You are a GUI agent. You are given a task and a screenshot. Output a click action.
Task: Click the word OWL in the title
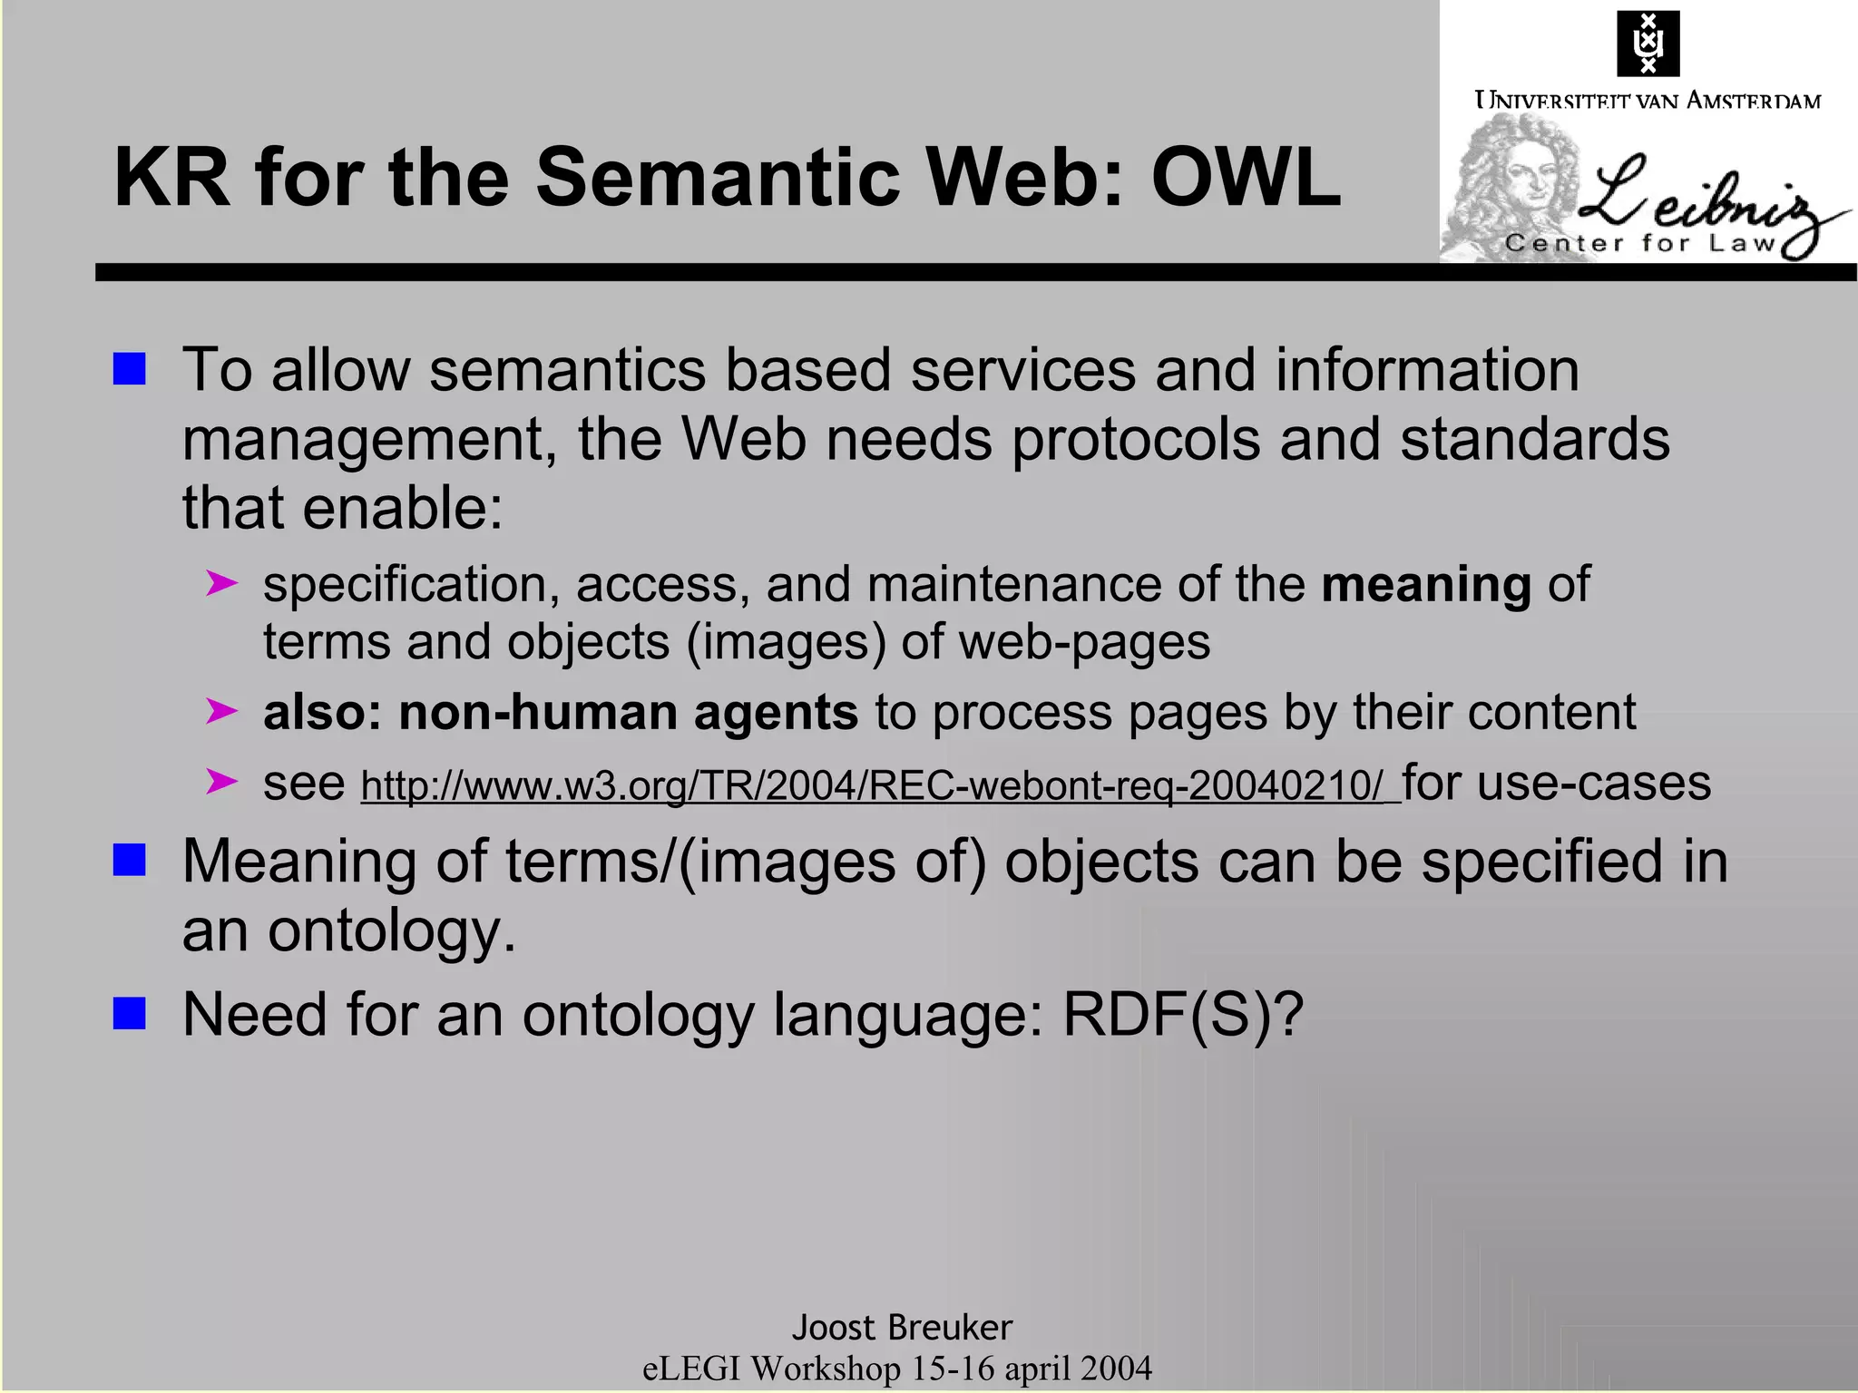click(x=1245, y=178)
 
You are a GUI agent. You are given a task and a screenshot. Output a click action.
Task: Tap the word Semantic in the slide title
click(x=717, y=178)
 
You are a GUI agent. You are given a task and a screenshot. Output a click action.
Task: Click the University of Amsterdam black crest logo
click(x=1648, y=44)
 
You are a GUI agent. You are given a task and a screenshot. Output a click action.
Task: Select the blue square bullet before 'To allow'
click(x=130, y=369)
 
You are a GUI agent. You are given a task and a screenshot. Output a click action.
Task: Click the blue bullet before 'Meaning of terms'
click(x=130, y=860)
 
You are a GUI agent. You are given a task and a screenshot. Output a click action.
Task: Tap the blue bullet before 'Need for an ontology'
click(x=130, y=1013)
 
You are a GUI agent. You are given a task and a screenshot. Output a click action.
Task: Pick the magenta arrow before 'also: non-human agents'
click(x=221, y=711)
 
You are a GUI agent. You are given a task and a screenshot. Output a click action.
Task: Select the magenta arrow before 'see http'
click(x=221, y=781)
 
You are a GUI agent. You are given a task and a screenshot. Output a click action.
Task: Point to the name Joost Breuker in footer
click(x=902, y=1327)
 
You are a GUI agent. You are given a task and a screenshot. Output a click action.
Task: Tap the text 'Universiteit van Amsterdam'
click(x=1648, y=101)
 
